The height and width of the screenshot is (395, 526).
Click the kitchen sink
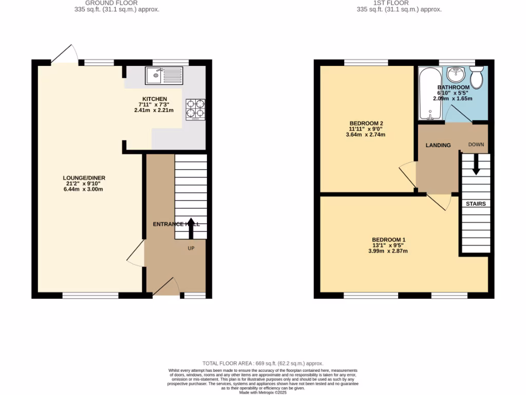(x=163, y=76)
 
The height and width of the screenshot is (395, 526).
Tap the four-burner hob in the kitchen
(x=195, y=109)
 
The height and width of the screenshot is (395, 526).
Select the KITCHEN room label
(x=155, y=99)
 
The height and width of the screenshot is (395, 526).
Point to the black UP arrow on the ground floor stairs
(x=191, y=228)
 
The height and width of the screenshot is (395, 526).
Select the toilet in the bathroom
(x=477, y=77)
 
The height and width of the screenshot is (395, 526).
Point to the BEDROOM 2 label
(x=366, y=123)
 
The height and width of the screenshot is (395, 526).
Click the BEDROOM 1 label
(x=388, y=240)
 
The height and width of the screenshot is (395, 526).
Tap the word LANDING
(x=438, y=145)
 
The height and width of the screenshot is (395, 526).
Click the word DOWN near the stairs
(x=476, y=145)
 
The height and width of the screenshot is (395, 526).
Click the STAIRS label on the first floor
(x=476, y=204)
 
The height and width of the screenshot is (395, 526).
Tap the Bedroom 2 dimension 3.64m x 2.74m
(x=366, y=135)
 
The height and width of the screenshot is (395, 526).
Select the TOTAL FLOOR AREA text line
(x=263, y=364)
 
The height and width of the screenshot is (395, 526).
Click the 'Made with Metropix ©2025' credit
(x=263, y=392)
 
